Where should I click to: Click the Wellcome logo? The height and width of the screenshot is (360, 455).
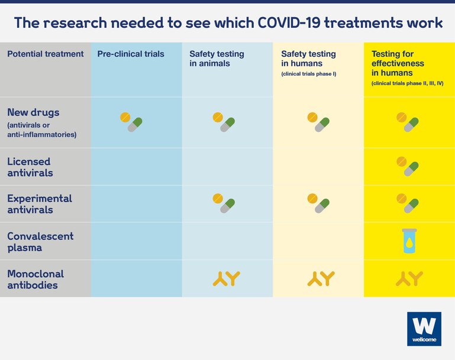[424, 329]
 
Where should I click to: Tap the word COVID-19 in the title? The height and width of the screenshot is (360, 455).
[289, 22]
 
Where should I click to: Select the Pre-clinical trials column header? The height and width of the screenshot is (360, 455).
[131, 54]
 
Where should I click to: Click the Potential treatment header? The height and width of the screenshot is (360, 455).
[46, 54]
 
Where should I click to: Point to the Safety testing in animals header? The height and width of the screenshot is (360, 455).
[217, 59]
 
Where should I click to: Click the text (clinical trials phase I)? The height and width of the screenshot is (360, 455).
[309, 74]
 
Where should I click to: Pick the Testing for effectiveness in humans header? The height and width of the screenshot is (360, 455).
[398, 63]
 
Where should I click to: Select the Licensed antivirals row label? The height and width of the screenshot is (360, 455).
[30, 167]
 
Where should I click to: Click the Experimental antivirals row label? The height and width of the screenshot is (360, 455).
[40, 204]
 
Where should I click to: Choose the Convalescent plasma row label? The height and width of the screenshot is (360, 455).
[40, 242]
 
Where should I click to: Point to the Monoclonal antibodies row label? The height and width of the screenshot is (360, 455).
[36, 280]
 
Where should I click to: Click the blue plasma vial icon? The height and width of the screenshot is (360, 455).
[409, 241]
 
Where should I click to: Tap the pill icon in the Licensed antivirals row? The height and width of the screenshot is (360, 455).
[408, 166]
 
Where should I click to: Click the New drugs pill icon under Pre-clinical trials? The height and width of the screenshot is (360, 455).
[131, 122]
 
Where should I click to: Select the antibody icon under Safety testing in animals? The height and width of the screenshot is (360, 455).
[227, 278]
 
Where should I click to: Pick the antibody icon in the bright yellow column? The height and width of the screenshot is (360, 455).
[409, 278]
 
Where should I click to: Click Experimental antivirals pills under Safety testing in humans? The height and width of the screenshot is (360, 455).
[318, 203]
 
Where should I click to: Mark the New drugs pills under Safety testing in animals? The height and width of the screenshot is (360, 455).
[224, 122]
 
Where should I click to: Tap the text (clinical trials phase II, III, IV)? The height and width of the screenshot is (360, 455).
[408, 83]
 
